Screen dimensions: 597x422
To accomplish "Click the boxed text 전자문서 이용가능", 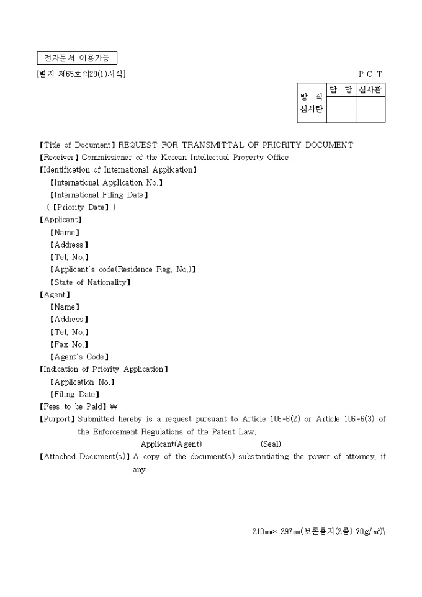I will [x=77, y=58].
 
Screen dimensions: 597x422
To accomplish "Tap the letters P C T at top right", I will [x=370, y=74].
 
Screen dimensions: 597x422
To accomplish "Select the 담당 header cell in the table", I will [x=341, y=90].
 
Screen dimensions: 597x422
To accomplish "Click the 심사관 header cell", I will [x=370, y=90].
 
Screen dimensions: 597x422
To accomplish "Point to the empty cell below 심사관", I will [x=370, y=110].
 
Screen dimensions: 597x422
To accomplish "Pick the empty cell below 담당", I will [x=341, y=110].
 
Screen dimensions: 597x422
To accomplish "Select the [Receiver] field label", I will [x=60, y=158].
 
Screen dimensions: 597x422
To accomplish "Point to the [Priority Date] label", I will [x=81, y=207].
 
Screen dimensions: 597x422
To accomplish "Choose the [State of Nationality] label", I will [x=90, y=282].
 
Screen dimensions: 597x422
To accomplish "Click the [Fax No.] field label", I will [x=69, y=344].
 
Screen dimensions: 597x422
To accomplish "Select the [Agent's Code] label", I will [x=79, y=357].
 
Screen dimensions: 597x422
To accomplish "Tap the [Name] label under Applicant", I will [x=65, y=232].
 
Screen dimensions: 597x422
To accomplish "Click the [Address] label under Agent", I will [x=69, y=320].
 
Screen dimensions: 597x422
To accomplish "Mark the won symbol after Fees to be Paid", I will [x=114, y=407].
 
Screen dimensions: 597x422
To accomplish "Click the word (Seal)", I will [x=271, y=444].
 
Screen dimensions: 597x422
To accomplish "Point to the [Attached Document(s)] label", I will [x=84, y=457].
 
